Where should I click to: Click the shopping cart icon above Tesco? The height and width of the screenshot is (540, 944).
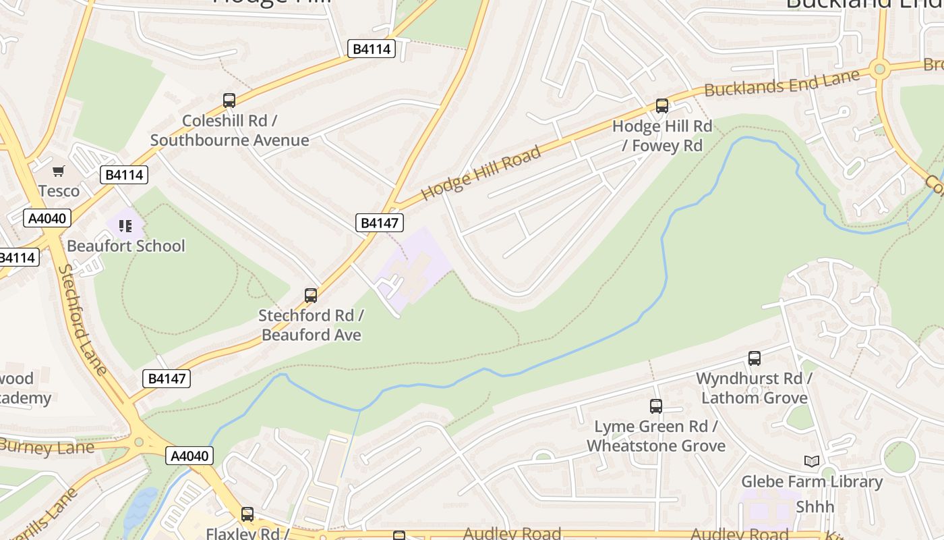pyautogui.click(x=59, y=171)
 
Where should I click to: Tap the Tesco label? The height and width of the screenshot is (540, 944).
pyautogui.click(x=59, y=191)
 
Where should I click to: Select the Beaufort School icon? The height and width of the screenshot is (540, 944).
pyautogui.click(x=125, y=226)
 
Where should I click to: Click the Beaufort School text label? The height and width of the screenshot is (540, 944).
pyautogui.click(x=125, y=246)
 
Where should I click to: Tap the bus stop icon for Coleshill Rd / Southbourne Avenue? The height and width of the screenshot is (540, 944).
pyautogui.click(x=229, y=101)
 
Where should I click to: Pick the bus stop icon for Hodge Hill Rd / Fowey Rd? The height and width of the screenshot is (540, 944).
pyautogui.click(x=662, y=106)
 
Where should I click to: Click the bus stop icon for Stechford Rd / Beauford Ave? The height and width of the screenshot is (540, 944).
pyautogui.click(x=311, y=296)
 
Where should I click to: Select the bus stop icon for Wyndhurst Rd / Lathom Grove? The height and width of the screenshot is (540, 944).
pyautogui.click(x=755, y=358)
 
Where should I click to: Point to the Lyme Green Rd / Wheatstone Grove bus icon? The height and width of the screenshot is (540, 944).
pyautogui.click(x=656, y=406)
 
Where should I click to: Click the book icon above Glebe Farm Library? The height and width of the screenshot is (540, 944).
pyautogui.click(x=812, y=462)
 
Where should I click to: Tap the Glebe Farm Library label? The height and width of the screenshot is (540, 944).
pyautogui.click(x=812, y=481)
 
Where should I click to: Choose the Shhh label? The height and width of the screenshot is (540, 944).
pyautogui.click(x=815, y=506)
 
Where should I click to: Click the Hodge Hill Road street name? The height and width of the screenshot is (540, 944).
pyautogui.click(x=481, y=173)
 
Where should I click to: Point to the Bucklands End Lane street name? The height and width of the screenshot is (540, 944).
pyautogui.click(x=782, y=82)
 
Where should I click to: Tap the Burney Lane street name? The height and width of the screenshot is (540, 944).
pyautogui.click(x=47, y=447)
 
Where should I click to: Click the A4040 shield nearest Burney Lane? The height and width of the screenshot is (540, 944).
pyautogui.click(x=189, y=456)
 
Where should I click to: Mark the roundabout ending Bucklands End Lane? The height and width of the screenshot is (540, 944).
pyautogui.click(x=879, y=68)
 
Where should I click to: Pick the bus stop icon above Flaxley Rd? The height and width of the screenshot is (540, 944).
pyautogui.click(x=247, y=514)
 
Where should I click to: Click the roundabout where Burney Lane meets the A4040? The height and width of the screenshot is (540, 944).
pyautogui.click(x=139, y=442)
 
